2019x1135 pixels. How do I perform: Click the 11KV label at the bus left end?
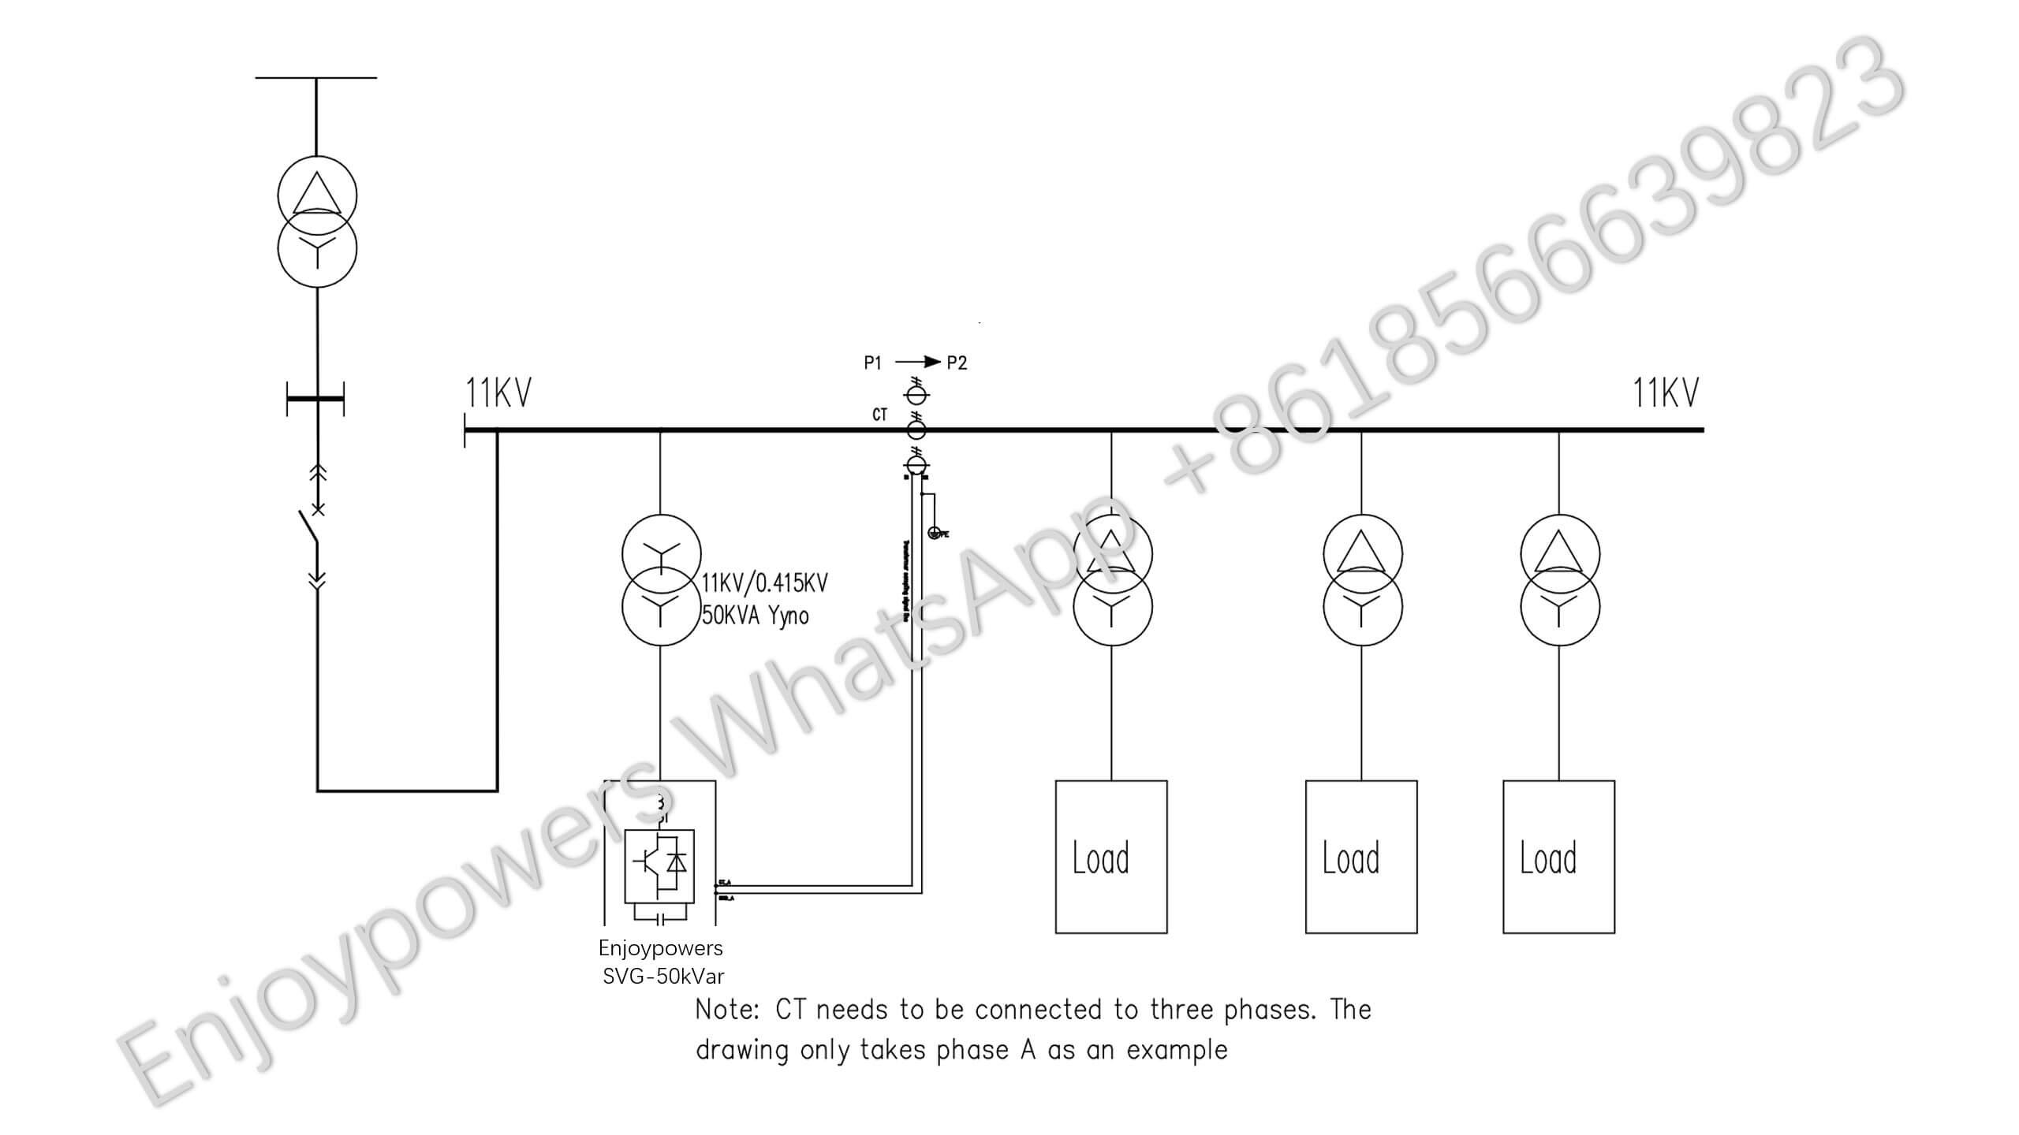(x=498, y=393)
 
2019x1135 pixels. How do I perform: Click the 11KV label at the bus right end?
(x=1665, y=393)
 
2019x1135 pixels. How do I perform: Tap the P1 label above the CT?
(x=872, y=363)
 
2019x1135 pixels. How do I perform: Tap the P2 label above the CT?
(x=957, y=363)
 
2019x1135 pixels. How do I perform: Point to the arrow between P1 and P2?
(x=918, y=362)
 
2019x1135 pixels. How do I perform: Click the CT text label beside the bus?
(x=879, y=415)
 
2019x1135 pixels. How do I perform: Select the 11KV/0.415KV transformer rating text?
(x=764, y=583)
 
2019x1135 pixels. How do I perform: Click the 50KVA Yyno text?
(x=755, y=616)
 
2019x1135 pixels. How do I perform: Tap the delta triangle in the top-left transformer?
(x=317, y=194)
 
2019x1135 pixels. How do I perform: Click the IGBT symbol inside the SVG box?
(x=659, y=865)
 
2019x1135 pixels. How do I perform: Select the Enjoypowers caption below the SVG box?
(x=660, y=948)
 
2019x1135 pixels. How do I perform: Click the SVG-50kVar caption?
(x=663, y=977)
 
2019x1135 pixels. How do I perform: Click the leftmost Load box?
(x=1111, y=857)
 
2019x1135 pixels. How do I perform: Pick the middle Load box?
(x=1361, y=857)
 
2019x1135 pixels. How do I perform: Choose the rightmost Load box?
(x=1558, y=857)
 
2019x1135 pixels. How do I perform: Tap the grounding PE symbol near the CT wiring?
(x=936, y=533)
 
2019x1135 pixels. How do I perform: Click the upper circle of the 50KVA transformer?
(x=661, y=553)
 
